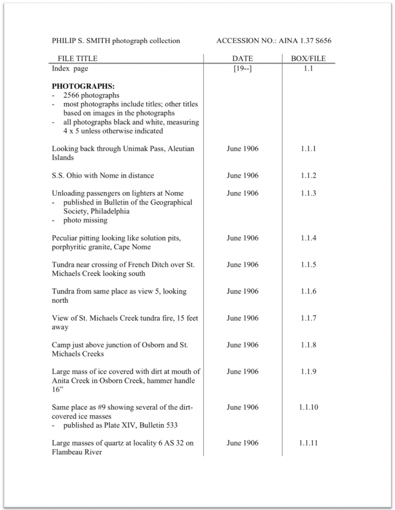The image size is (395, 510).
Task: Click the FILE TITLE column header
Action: pyautogui.click(x=77, y=59)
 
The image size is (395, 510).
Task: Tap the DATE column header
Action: pyautogui.click(x=242, y=59)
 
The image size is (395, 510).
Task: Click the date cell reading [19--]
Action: pyautogui.click(x=242, y=68)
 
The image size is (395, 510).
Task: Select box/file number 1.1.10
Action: pyautogui.click(x=309, y=407)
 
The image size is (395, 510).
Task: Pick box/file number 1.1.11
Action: pyautogui.click(x=309, y=443)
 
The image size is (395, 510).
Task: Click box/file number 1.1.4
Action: pyautogui.click(x=308, y=238)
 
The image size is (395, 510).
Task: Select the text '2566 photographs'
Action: pyautogui.click(x=91, y=96)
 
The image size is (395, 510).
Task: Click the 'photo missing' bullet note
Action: pyautogui.click(x=85, y=220)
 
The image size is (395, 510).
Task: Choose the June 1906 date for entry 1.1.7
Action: pyautogui.click(x=242, y=318)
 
